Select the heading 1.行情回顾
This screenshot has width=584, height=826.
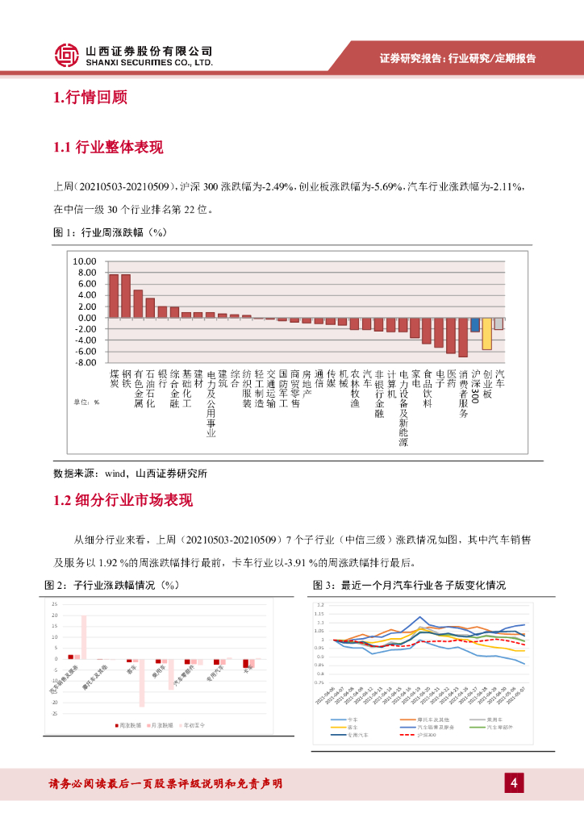(x=90, y=98)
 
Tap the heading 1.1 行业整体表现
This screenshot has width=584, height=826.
(x=107, y=147)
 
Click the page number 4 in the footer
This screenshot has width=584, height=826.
(x=514, y=783)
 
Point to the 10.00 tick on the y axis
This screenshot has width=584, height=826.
(x=84, y=262)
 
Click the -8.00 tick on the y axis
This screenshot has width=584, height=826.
(x=84, y=363)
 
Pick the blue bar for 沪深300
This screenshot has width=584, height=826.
(x=475, y=324)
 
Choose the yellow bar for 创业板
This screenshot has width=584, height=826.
(x=486, y=333)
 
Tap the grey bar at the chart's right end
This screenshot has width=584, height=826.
(x=498, y=323)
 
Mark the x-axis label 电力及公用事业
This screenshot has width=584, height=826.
(x=211, y=403)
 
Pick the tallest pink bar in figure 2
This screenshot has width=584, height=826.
(x=84, y=636)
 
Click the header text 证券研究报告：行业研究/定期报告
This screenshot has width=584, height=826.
(x=457, y=58)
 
